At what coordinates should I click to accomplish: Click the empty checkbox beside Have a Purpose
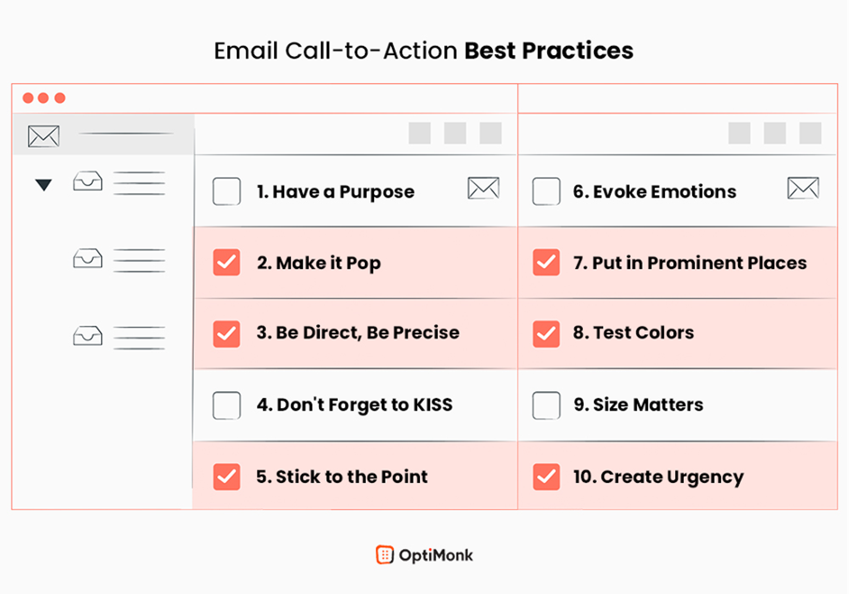[226, 191]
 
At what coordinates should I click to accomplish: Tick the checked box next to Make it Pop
[226, 263]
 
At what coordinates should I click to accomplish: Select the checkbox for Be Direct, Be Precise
[226, 334]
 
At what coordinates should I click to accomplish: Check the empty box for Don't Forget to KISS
[226, 405]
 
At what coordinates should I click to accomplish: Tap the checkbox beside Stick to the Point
[226, 477]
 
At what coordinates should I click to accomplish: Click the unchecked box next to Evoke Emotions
[546, 191]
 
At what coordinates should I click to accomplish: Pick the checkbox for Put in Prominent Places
[546, 263]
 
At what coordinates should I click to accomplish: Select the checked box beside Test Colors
[546, 334]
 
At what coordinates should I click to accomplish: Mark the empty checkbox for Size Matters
[546, 405]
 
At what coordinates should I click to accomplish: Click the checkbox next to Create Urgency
[546, 477]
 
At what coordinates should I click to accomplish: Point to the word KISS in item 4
[433, 405]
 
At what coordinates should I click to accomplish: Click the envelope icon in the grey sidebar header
[44, 136]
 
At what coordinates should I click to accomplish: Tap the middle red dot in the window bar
[43, 98]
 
